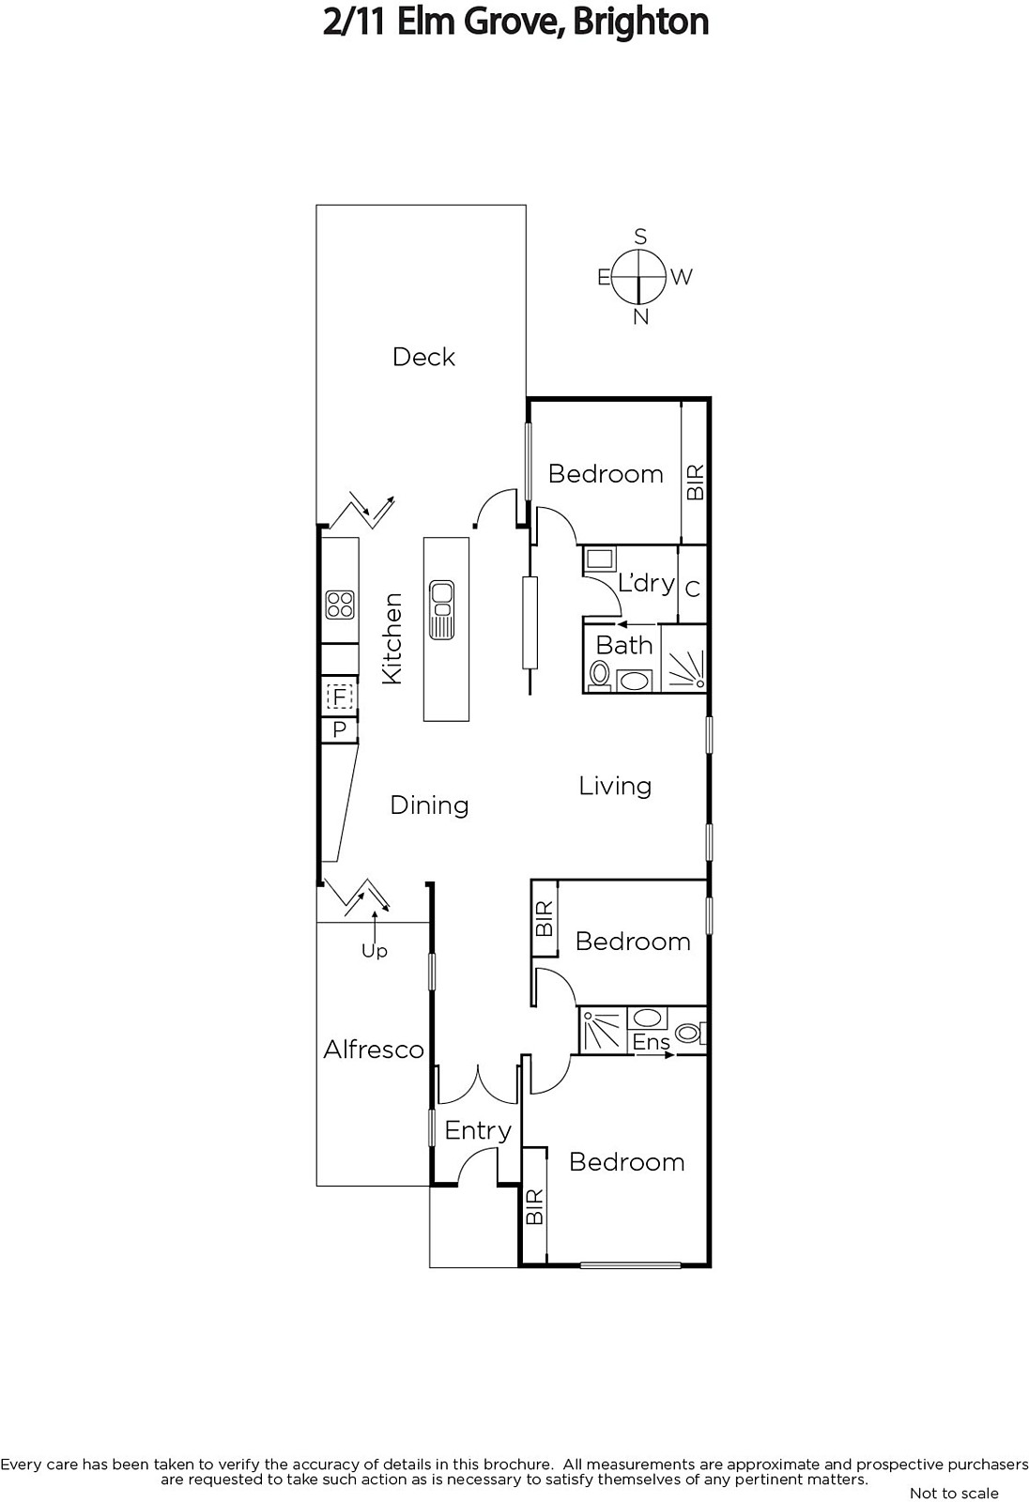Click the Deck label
pyautogui.click(x=423, y=357)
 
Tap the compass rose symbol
pyautogui.click(x=640, y=276)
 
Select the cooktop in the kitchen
pyautogui.click(x=340, y=605)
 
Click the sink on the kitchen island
pyautogui.click(x=441, y=609)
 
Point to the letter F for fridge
pyautogui.click(x=340, y=697)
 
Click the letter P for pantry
pyautogui.click(x=340, y=729)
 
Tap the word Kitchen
pyautogui.click(x=392, y=638)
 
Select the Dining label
pyautogui.click(x=429, y=805)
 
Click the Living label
pyautogui.click(x=615, y=787)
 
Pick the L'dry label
pyautogui.click(x=646, y=583)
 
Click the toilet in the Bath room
pyautogui.click(x=599, y=675)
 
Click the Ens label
pyautogui.click(x=651, y=1042)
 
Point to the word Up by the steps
pyautogui.click(x=375, y=952)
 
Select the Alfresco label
pyautogui.click(x=374, y=1050)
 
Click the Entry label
pyautogui.click(x=478, y=1131)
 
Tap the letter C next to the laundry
pyautogui.click(x=693, y=589)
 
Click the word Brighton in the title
pyautogui.click(x=641, y=23)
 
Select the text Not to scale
pyautogui.click(x=954, y=1493)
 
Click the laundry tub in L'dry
pyautogui.click(x=599, y=559)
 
